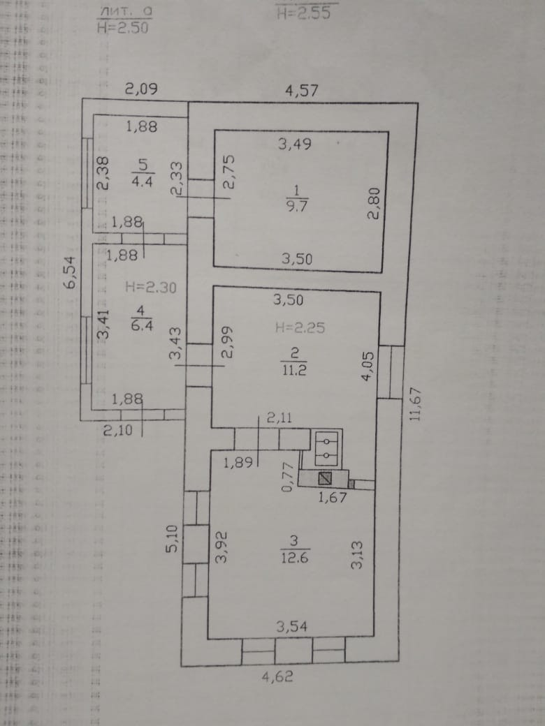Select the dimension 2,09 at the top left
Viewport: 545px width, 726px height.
141,89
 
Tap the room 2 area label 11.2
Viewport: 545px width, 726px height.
300,370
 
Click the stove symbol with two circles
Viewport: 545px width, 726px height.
327,447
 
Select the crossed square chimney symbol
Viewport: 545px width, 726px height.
324,479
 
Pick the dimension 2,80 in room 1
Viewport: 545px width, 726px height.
373,207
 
